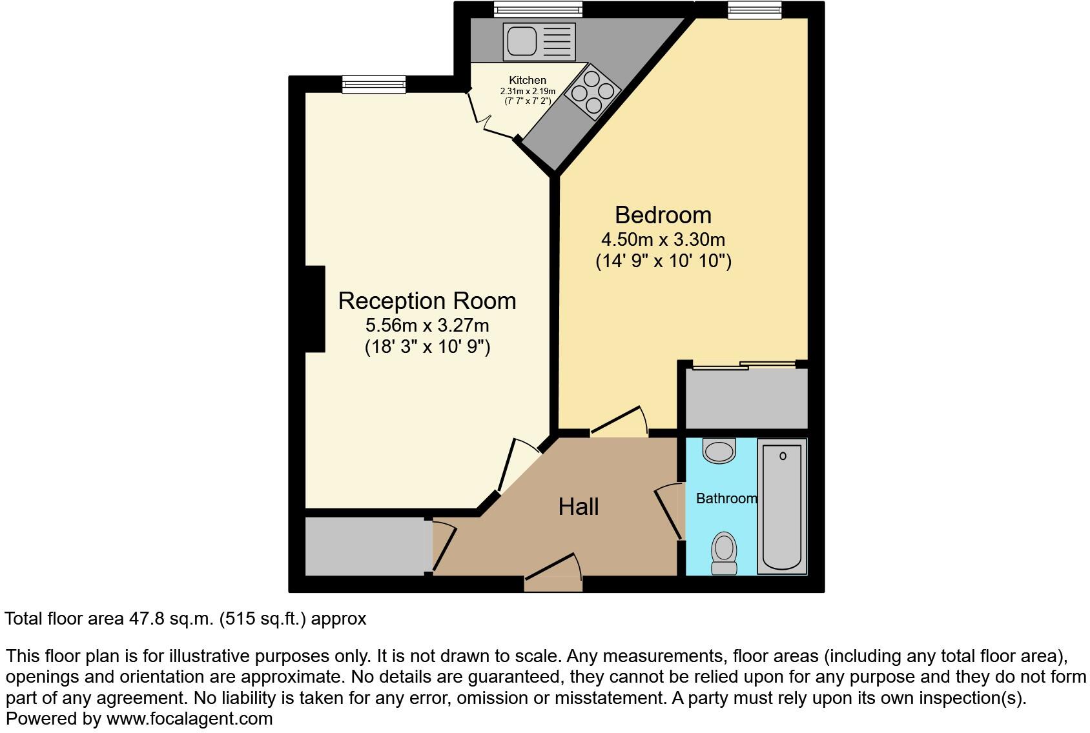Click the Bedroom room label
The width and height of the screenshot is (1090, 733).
(663, 215)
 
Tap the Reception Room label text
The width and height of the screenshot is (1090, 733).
(427, 301)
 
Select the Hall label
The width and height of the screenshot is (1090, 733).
(578, 507)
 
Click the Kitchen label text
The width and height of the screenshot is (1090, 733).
(528, 80)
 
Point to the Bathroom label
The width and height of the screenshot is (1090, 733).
(726, 498)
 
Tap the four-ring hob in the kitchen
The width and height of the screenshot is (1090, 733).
(592, 92)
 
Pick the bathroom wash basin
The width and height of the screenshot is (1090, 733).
(719, 451)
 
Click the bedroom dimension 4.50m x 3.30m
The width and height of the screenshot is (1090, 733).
(663, 239)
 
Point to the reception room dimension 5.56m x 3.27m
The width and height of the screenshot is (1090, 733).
(427, 325)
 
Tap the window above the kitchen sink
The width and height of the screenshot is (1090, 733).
(538, 9)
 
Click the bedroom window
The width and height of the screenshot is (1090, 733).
(754, 9)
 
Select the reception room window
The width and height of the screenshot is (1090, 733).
(374, 84)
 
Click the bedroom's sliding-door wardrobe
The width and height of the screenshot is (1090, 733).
(746, 397)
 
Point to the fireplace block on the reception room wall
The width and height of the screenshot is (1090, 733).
(314, 309)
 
